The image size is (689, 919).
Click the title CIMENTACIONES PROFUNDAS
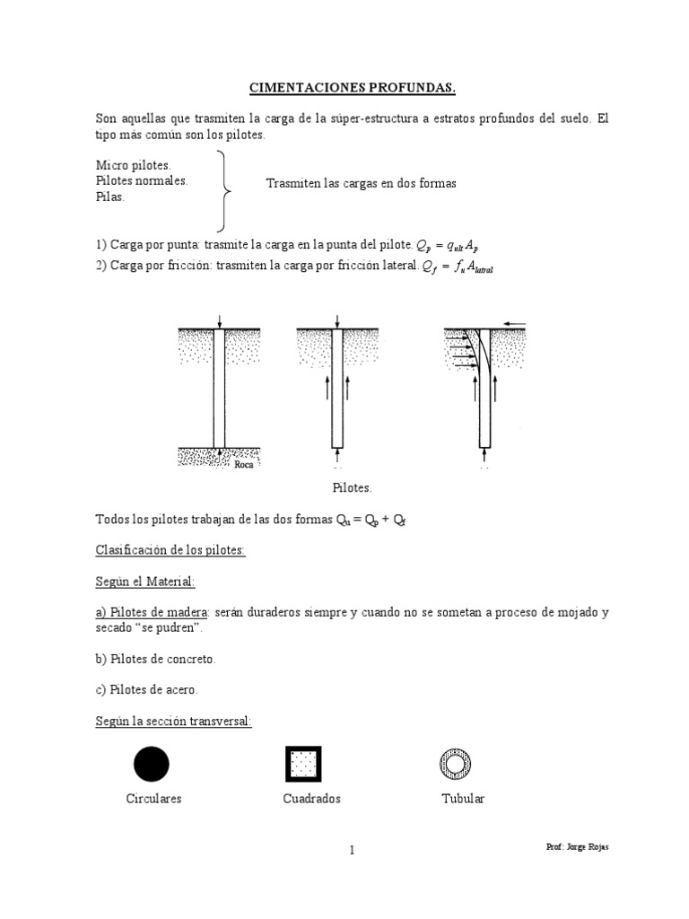pyautogui.click(x=353, y=88)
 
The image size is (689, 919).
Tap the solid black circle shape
pyautogui.click(x=152, y=764)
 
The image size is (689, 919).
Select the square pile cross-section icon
pyautogui.click(x=303, y=764)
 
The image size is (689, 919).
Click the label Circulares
pyautogui.click(x=153, y=799)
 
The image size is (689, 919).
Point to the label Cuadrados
pyautogui.click(x=311, y=799)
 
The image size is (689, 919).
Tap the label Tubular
pyautogui.click(x=463, y=799)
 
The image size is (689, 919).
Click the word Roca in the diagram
pyautogui.click(x=243, y=464)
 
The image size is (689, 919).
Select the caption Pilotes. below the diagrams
pyautogui.click(x=352, y=487)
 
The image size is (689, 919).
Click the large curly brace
pyautogui.click(x=225, y=190)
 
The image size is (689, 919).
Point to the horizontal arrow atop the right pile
pyautogui.click(x=515, y=322)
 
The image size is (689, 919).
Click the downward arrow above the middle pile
pyautogui.click(x=337, y=321)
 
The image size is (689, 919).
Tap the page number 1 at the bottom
pyautogui.click(x=353, y=852)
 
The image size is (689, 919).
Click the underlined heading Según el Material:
pyautogui.click(x=144, y=582)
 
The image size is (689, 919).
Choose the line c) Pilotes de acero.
pyautogui.click(x=146, y=690)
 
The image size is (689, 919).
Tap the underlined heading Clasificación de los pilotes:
pyautogui.click(x=170, y=550)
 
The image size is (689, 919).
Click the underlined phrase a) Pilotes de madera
pyautogui.click(x=152, y=612)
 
